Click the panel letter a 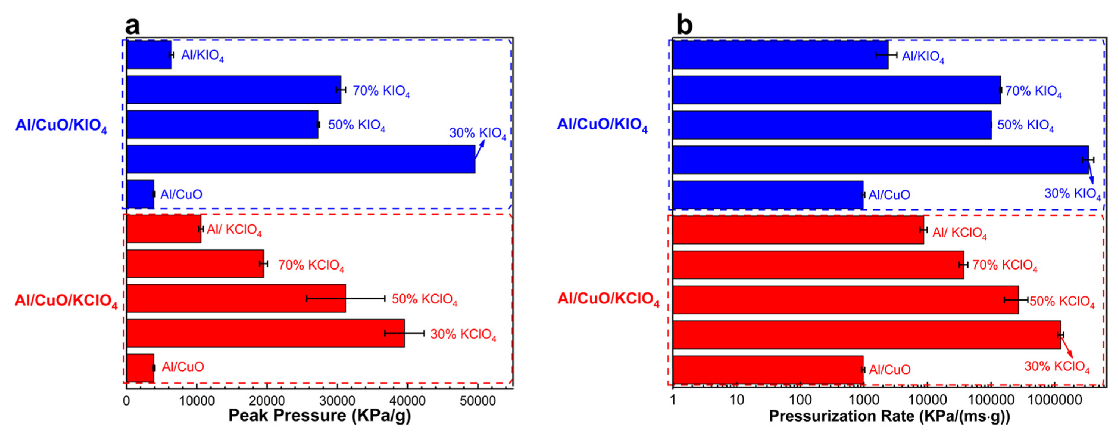pyautogui.click(x=132, y=25)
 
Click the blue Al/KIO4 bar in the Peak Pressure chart pyautogui.click(x=148, y=55)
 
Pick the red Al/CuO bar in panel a pyautogui.click(x=140, y=368)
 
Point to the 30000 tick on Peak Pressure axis pyautogui.click(x=337, y=400)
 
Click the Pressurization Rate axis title pyautogui.click(x=889, y=416)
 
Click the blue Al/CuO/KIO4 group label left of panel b pyautogui.click(x=602, y=125)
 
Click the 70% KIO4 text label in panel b pyautogui.click(x=1033, y=91)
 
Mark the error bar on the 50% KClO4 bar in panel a pyautogui.click(x=345, y=298)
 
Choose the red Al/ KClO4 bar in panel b pyautogui.click(x=798, y=230)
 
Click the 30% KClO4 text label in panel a pyautogui.click(x=463, y=334)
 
